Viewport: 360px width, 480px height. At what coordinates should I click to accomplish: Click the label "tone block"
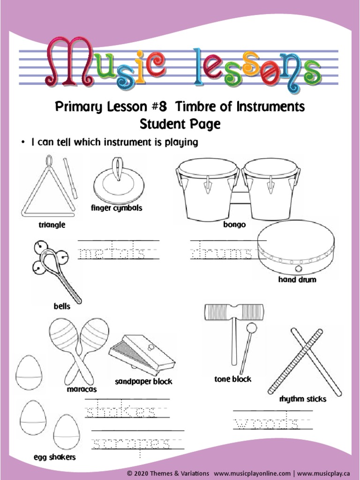point(233,379)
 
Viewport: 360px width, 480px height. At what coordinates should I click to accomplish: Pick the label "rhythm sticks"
point(303,399)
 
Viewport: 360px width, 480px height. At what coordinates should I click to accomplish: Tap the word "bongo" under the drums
point(234,225)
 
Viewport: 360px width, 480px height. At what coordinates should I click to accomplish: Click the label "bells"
point(62,307)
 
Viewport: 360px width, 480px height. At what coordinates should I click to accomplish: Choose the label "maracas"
point(82,389)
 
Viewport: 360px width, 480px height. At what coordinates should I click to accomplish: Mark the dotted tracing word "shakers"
point(121,412)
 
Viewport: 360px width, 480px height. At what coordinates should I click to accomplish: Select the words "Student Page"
point(180,125)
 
